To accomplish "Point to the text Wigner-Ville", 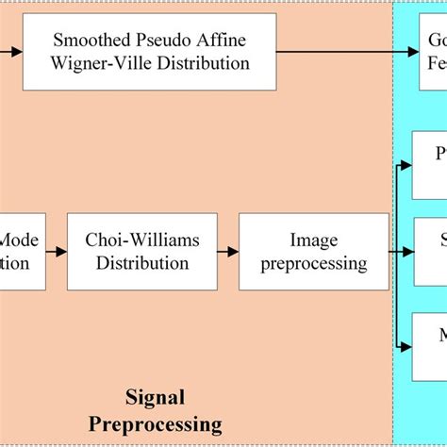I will tap(104, 64).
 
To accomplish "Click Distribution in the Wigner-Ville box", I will tap(204, 64).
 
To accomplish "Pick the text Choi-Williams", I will tap(142, 240).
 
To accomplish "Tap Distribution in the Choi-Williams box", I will tap(142, 263).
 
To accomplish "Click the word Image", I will tap(314, 240).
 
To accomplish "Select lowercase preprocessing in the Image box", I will tap(314, 263).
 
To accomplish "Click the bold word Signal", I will tap(155, 397).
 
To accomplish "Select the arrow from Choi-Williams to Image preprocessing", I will tap(228, 252).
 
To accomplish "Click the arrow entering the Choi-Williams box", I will tap(58, 252).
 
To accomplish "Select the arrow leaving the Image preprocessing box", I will tap(401, 252).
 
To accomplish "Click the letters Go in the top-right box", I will tap(436, 41).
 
